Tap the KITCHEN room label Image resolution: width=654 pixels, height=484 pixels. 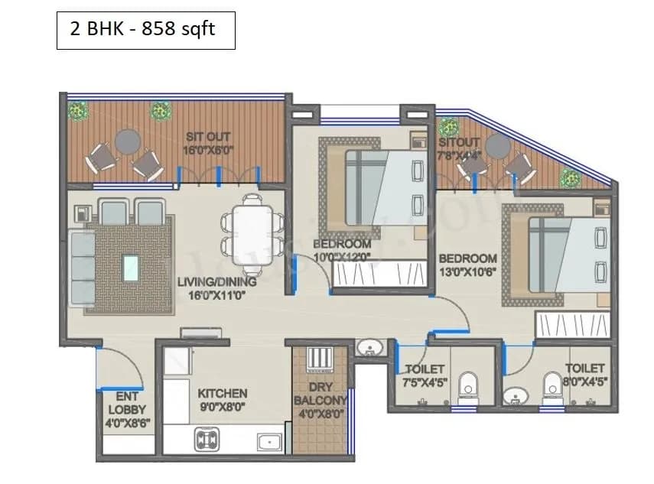coord(223,393)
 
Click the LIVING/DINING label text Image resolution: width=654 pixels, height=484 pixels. coord(216,281)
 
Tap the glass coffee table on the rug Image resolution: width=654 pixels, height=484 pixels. coord(132,267)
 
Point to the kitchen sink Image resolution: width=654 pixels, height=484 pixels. coord(268,441)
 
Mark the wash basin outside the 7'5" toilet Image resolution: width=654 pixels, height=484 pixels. coord(371,349)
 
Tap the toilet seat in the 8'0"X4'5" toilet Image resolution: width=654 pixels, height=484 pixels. coord(551,385)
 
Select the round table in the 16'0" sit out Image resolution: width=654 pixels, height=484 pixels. coord(128,141)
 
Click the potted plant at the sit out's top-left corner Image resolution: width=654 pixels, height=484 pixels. coord(77,111)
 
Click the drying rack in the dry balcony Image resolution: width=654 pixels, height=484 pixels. coord(317,360)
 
